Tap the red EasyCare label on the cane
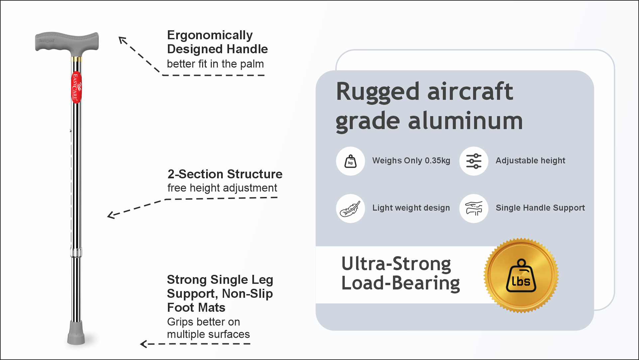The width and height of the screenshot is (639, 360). point(76,87)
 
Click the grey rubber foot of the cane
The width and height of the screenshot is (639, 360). point(76,332)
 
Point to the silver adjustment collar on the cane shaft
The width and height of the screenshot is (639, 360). point(76,252)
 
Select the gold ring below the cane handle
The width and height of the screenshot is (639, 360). point(76,59)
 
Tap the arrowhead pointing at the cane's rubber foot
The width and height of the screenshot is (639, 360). point(143,344)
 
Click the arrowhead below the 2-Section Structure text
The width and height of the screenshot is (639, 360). point(111,215)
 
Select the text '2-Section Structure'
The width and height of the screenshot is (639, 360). point(225,174)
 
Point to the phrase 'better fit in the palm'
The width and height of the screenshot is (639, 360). point(215,64)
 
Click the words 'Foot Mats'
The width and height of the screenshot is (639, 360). point(196,307)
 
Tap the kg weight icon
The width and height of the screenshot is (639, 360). point(350,161)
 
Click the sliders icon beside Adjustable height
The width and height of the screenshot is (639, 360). point(474,161)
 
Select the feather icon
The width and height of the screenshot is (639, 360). point(350,209)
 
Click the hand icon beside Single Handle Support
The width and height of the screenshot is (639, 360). point(474,209)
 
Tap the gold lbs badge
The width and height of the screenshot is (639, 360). point(521,275)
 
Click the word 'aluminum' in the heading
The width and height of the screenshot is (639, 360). point(465,121)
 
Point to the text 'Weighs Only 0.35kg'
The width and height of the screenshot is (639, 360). point(411,161)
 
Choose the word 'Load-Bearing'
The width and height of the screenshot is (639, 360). point(401,283)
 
